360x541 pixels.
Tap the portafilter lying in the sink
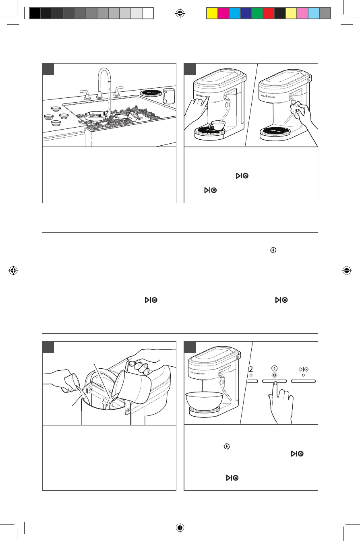coord(128,116)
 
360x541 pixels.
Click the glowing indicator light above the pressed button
coord(273,375)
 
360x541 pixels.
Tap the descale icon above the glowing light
coord(273,368)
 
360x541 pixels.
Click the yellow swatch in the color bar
coord(211,14)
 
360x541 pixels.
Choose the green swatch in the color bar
coord(257,14)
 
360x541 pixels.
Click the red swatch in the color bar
coord(268,14)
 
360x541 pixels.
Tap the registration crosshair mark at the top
coord(180,13)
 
